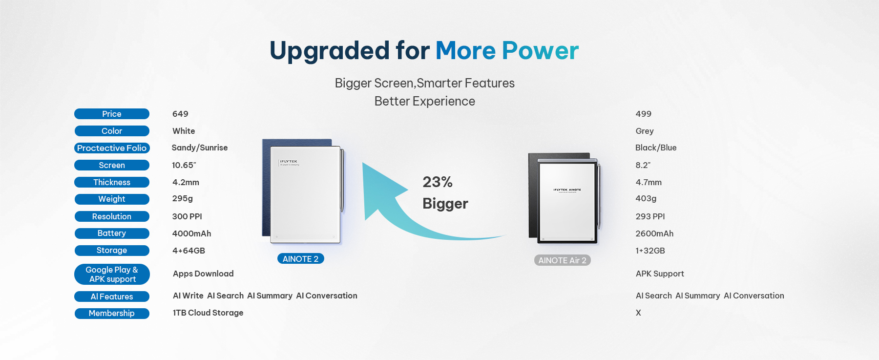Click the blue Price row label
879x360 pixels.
click(x=112, y=114)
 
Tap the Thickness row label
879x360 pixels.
click(x=112, y=182)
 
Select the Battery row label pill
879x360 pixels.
click(x=112, y=233)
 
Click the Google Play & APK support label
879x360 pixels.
click(x=112, y=274)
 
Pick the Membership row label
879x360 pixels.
click(x=112, y=314)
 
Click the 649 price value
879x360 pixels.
click(x=180, y=114)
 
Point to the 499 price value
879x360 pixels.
click(x=644, y=114)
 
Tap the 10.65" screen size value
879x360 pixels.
click(x=184, y=165)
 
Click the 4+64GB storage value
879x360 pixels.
click(x=188, y=251)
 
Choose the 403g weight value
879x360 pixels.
click(x=646, y=199)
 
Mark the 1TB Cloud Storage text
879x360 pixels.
click(x=208, y=313)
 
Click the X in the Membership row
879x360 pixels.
click(x=638, y=313)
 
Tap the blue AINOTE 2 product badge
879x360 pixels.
click(x=300, y=259)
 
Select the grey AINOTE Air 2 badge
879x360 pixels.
click(x=563, y=260)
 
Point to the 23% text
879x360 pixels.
click(x=438, y=182)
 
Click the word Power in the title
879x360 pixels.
click(x=540, y=51)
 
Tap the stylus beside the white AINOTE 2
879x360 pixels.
click(x=342, y=181)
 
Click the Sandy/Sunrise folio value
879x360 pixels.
click(x=200, y=148)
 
